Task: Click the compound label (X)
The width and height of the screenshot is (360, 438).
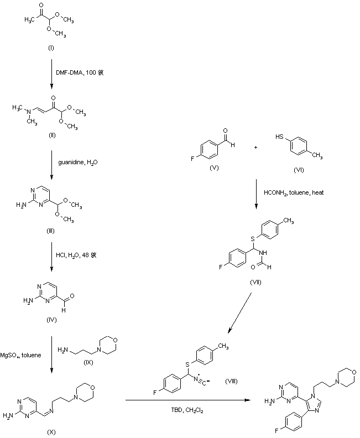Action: click(x=51, y=429)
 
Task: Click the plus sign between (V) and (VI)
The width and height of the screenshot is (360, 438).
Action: click(x=255, y=148)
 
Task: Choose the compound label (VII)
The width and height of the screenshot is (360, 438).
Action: click(x=255, y=282)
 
